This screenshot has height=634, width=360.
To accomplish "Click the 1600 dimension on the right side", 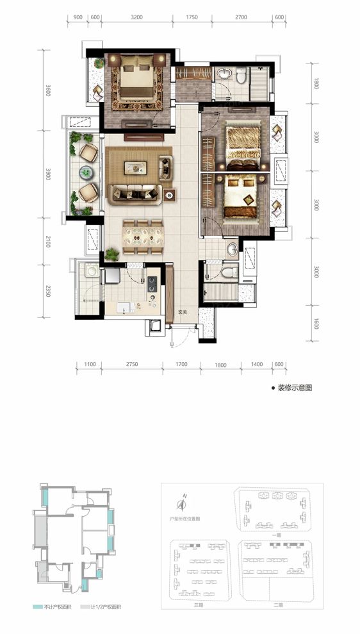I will click(x=316, y=325).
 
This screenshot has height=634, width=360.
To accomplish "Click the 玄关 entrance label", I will click(x=183, y=312).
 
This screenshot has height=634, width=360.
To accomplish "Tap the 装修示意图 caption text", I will click(x=294, y=388).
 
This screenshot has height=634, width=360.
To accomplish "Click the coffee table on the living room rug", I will click(x=137, y=167).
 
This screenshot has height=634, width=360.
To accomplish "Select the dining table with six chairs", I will click(x=142, y=236).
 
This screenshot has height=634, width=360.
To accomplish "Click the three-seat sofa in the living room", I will click(x=135, y=192).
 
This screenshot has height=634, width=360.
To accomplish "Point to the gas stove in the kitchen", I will click(x=152, y=284).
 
